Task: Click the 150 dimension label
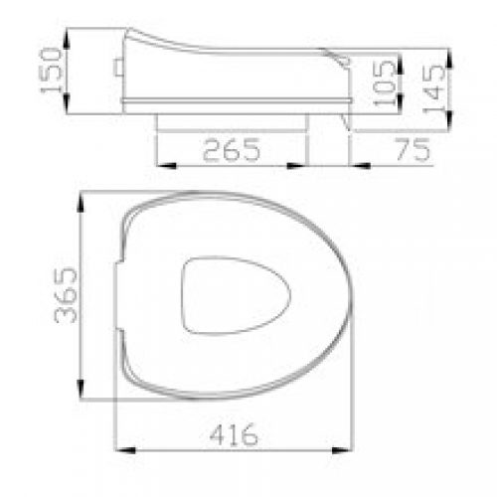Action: click(x=52, y=71)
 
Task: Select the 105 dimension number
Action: click(x=385, y=83)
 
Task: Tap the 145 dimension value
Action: click(x=434, y=88)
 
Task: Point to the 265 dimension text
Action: click(x=232, y=150)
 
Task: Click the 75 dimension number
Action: click(x=413, y=149)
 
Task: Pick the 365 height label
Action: click(x=66, y=295)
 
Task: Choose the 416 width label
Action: click(x=234, y=434)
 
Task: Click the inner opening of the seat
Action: click(x=236, y=295)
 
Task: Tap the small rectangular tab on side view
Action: click(x=118, y=68)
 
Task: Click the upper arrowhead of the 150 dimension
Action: click(x=67, y=40)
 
